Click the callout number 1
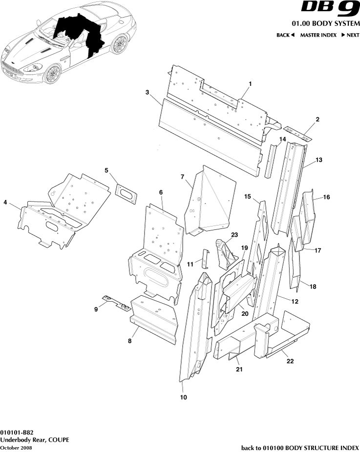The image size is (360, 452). pyautogui.click(x=250, y=83)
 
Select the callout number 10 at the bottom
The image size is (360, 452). pyautogui.click(x=183, y=397)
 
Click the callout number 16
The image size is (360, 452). pyautogui.click(x=326, y=197)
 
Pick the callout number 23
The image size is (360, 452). pyautogui.click(x=234, y=235)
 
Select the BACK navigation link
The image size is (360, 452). pyautogui.click(x=285, y=35)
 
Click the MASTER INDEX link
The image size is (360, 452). pyautogui.click(x=318, y=35)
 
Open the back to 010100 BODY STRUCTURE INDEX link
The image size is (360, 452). pyautogui.click(x=300, y=448)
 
